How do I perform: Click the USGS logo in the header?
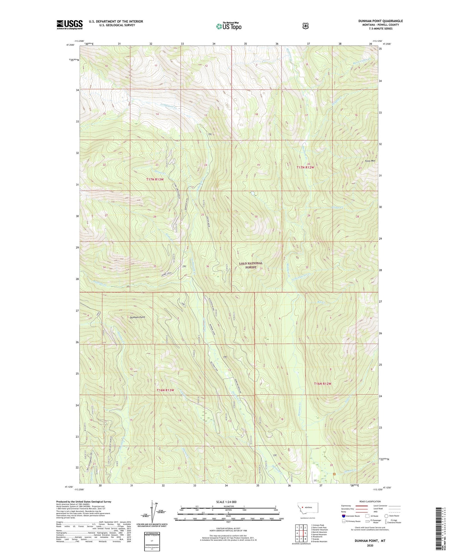pos(69,25)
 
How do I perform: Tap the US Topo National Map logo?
pos(229,26)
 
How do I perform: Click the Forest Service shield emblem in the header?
pos(305,26)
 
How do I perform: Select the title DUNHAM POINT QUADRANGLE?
pos(380,21)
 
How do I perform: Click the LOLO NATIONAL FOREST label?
pos(251,265)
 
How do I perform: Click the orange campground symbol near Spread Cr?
pos(334,474)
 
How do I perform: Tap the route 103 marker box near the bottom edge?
pos(315,480)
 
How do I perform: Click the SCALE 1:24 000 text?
pos(226,502)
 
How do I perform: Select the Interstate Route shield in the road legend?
pos(344,516)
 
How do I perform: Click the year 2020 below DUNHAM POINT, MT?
pos(370,546)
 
